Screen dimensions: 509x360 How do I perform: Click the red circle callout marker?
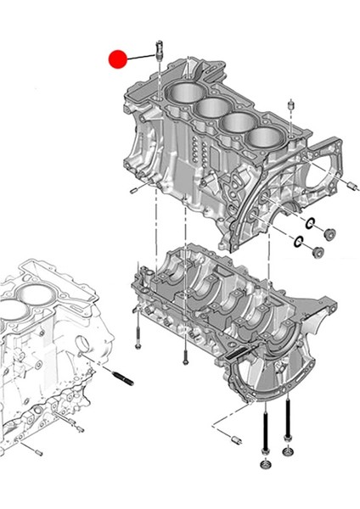coord(117,59)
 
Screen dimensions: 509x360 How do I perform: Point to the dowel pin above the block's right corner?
coord(291,105)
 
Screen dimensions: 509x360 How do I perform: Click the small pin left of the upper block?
coord(133,191)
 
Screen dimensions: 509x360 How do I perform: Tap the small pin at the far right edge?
coord(350,185)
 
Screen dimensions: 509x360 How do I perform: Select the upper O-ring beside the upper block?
coord(311,225)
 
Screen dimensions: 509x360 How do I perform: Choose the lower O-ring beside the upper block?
coord(298,243)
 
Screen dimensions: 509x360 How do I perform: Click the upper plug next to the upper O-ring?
coord(329,234)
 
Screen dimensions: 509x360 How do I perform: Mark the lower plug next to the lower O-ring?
coord(316,252)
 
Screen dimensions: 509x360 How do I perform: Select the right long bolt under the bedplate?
coord(288,421)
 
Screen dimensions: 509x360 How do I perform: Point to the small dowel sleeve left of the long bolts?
coord(237,439)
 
